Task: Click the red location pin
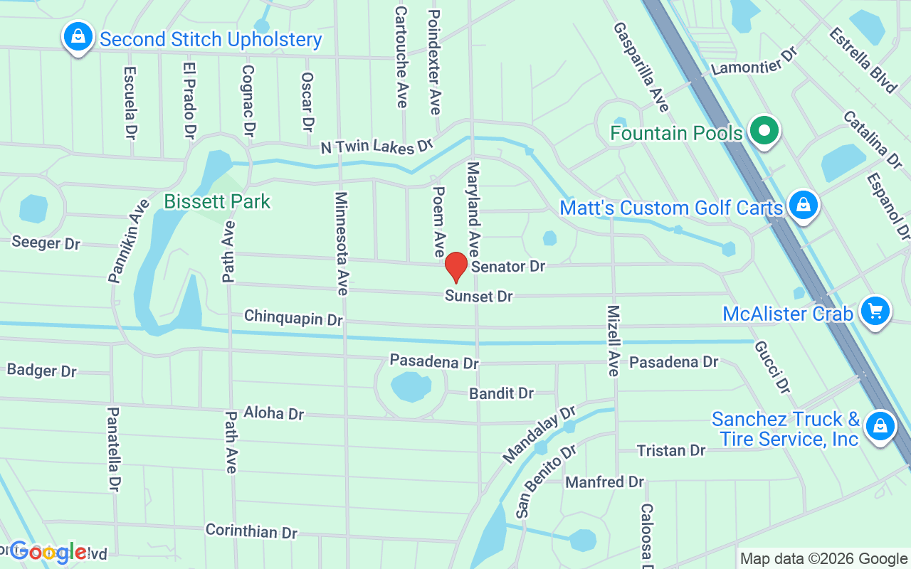(456, 267)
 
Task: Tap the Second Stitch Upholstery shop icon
(78, 36)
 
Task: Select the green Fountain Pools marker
(764, 132)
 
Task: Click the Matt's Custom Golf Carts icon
(803, 206)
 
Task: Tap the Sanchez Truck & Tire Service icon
(880, 426)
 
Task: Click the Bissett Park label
(217, 202)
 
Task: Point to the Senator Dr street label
(508, 267)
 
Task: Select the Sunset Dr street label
(479, 296)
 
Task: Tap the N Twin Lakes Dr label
(376, 147)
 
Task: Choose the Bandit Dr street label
(501, 393)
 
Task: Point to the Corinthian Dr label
(251, 531)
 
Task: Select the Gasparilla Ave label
(641, 67)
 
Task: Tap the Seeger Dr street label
(46, 243)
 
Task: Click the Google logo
(48, 552)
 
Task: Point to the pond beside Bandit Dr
(411, 386)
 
